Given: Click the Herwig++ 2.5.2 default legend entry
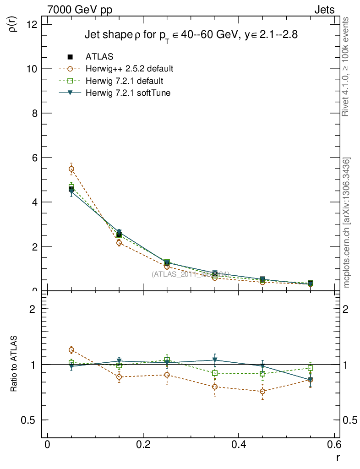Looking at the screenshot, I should [x=129, y=69].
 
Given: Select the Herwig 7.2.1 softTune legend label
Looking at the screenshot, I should [x=131, y=93].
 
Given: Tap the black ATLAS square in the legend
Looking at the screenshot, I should [x=70, y=57].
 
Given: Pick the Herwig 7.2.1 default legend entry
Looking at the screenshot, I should [x=125, y=81].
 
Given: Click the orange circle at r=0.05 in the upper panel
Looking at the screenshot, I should [x=71, y=169].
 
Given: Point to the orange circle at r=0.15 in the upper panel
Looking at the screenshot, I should [x=119, y=243].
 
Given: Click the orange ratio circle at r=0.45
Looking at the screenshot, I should [x=262, y=391].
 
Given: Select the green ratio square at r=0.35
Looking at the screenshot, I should [x=215, y=373].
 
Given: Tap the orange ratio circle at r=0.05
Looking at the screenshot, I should [x=71, y=350].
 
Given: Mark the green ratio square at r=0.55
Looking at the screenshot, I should [x=311, y=368].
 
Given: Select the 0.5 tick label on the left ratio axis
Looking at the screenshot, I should [x=32, y=420].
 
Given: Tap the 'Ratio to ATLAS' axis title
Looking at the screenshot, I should [x=13, y=364].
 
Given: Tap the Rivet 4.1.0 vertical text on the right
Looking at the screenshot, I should [x=346, y=66].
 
